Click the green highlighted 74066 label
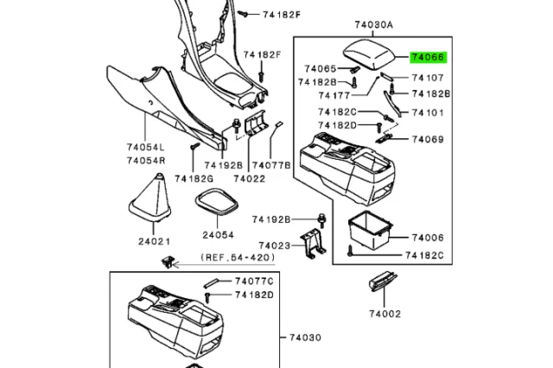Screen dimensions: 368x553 429,58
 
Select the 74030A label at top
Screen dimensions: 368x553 372,26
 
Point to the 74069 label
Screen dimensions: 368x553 428,140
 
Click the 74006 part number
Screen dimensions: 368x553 428,238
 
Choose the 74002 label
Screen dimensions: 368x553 385,314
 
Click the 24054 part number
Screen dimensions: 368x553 219,235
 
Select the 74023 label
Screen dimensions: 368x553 272,244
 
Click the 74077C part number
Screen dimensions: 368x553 255,282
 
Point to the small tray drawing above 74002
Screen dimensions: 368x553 382,283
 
